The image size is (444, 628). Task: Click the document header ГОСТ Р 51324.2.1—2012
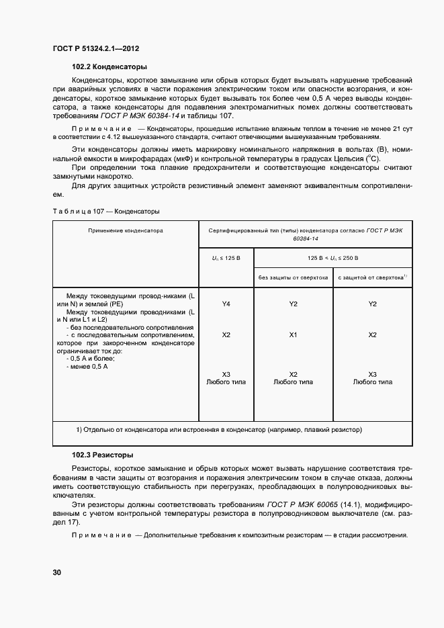[x=95, y=48]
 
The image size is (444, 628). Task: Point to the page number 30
[x=57, y=573]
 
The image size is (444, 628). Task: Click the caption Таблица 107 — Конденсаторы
[x=105, y=212]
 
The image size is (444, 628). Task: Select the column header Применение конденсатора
[x=126, y=230]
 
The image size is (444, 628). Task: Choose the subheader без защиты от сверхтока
[x=293, y=277]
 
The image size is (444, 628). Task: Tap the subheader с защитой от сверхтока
[x=373, y=277]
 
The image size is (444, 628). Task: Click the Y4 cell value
[x=226, y=304]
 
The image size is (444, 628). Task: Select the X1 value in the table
[x=293, y=334]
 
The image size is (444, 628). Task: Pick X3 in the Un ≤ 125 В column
[x=226, y=374]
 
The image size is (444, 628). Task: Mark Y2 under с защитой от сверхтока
[x=373, y=304]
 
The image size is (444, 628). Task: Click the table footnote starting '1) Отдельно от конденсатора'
[x=218, y=429]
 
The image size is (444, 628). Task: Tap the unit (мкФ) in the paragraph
[x=140, y=159]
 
